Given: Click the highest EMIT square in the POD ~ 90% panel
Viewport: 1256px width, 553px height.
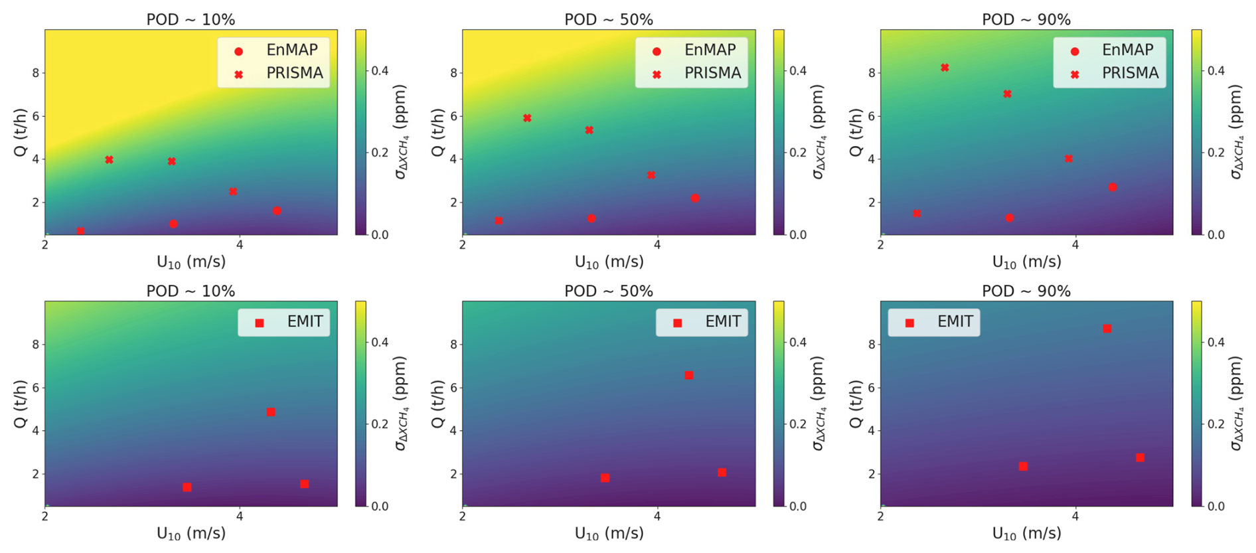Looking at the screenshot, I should tap(1107, 329).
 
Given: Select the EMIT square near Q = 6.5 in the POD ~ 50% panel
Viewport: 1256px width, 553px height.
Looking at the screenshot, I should tap(689, 375).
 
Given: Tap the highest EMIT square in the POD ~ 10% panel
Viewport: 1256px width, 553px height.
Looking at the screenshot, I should tap(271, 412).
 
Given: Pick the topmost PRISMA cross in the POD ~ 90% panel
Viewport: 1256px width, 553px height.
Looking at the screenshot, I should tap(945, 68).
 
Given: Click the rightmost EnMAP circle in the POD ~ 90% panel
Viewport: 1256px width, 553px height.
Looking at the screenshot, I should tap(1113, 187).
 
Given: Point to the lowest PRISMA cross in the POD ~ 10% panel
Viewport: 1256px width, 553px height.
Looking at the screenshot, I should tap(80, 231).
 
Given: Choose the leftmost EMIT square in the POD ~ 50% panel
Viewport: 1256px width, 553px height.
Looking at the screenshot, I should tap(605, 478).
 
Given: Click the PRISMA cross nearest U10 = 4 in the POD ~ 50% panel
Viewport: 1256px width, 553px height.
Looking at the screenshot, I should tap(651, 175).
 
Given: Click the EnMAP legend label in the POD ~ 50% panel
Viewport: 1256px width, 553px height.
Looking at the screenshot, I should tap(710, 50).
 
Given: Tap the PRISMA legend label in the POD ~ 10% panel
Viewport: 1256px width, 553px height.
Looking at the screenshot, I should tap(295, 73).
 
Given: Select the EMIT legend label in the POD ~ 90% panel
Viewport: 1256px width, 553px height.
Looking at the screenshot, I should tap(955, 322).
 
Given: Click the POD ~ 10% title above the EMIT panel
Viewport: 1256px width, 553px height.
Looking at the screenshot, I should tap(191, 291).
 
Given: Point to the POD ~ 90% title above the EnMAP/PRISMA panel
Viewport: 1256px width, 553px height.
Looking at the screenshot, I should tap(1026, 20).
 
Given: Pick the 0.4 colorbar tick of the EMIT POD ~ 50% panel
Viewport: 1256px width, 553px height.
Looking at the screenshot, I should tap(797, 343).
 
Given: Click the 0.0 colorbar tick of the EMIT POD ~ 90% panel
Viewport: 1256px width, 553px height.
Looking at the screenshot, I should tap(1216, 507).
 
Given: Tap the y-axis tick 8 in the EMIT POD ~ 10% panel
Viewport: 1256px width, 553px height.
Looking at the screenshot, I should tap(36, 345).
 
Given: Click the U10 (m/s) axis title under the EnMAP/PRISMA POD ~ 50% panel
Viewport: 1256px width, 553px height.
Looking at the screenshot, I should tap(609, 262).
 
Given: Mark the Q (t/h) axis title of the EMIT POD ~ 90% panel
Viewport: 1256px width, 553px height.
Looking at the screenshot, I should tap(856, 404).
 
